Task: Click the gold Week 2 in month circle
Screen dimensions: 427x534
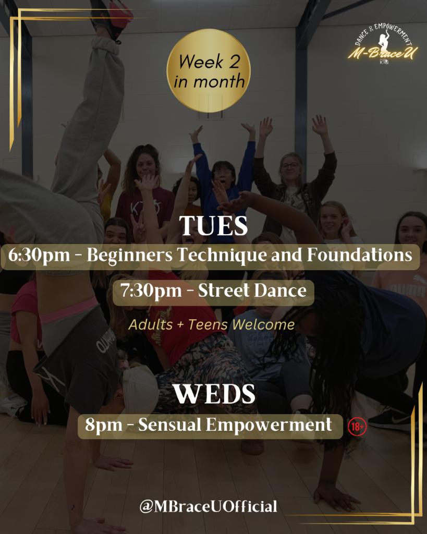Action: [209, 70]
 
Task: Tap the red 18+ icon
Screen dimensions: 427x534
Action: [357, 427]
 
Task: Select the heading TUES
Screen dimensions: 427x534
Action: [214, 225]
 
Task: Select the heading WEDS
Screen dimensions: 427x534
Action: [214, 394]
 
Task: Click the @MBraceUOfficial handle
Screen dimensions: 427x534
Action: [208, 506]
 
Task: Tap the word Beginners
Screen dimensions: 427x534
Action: [129, 255]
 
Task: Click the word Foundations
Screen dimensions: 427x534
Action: [360, 254]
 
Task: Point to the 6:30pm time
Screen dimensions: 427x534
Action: [39, 256]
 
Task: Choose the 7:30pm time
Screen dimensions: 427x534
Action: [151, 291]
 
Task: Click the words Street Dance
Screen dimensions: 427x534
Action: [252, 290]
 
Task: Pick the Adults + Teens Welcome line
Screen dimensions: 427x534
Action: [212, 324]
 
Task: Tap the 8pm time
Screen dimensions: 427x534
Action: [104, 425]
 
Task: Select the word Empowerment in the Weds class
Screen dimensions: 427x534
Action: [269, 425]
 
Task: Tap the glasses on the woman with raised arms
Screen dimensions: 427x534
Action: [290, 166]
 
